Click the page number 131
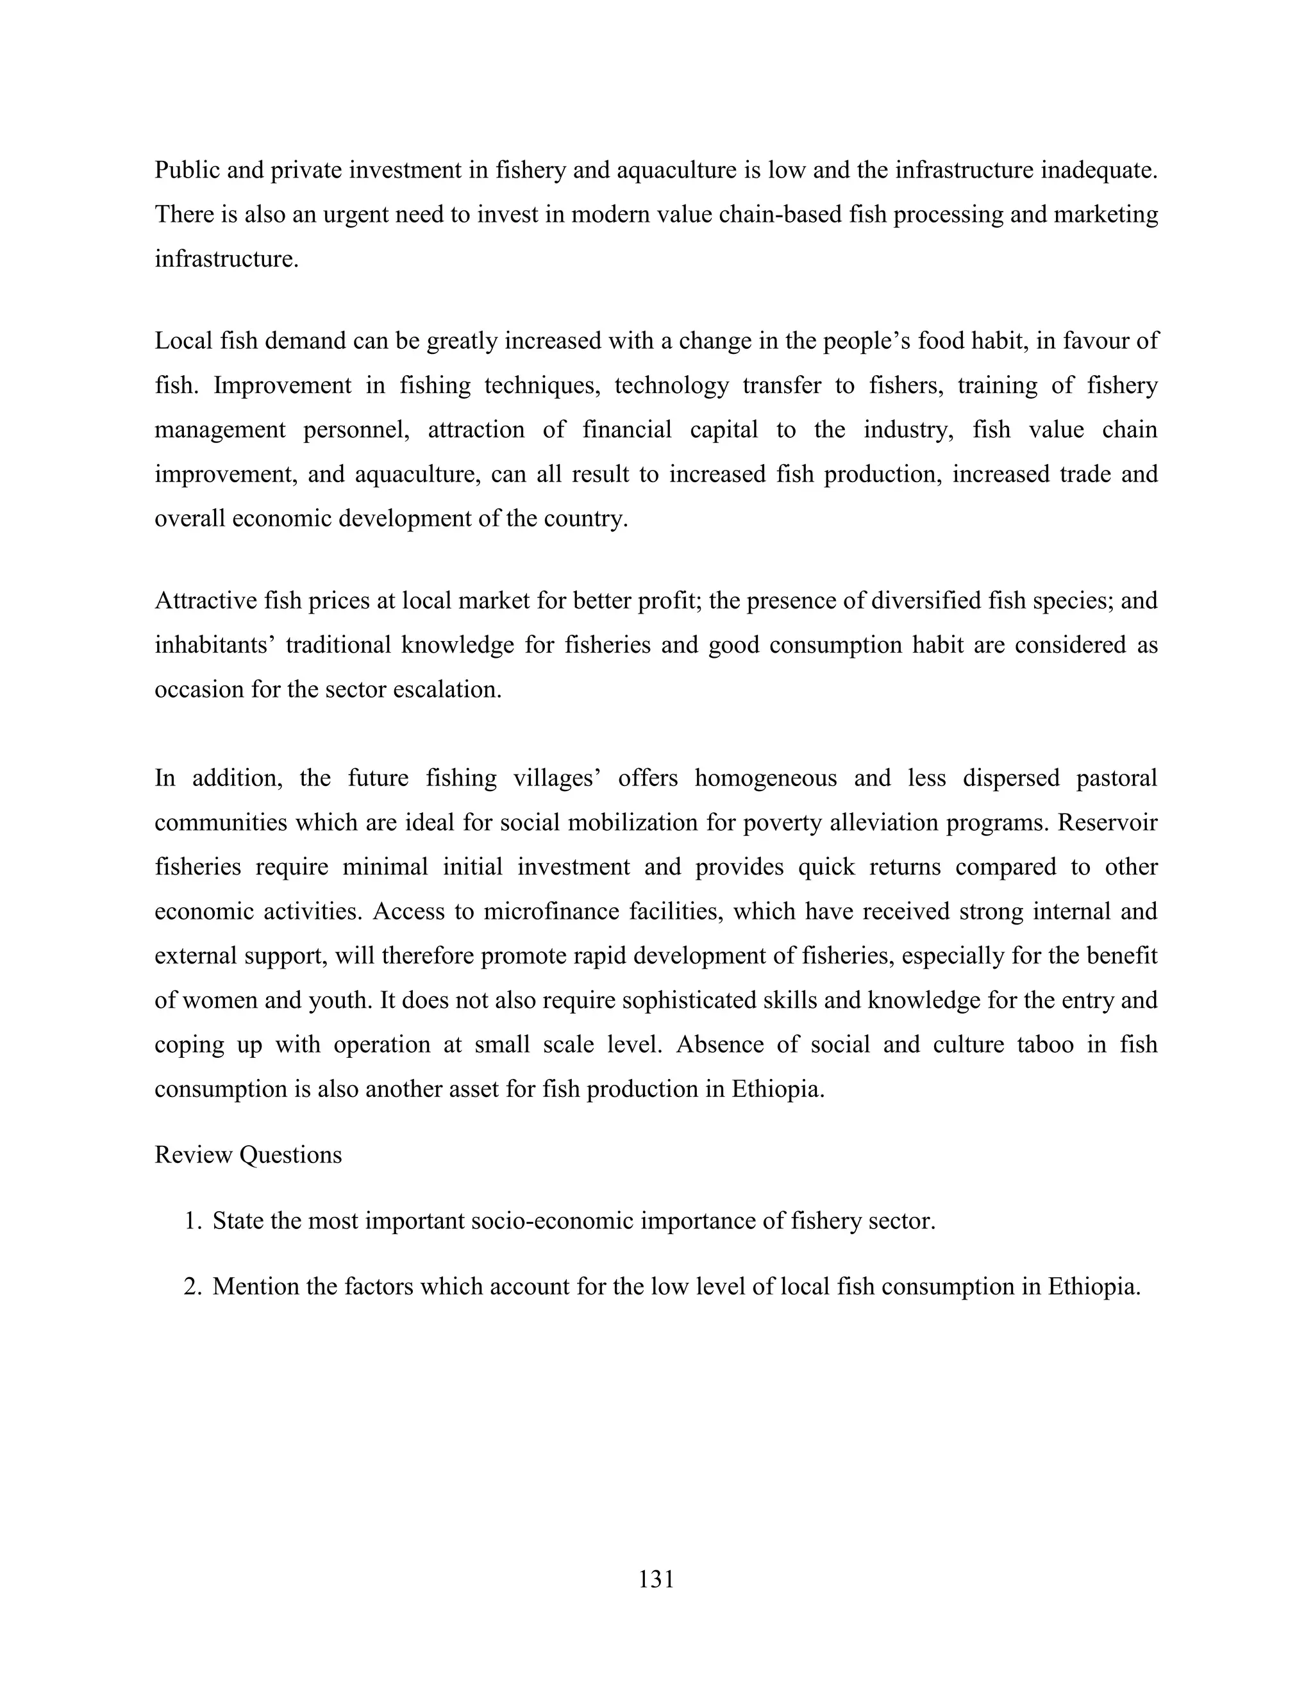pyautogui.click(x=656, y=1579)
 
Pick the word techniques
pyautogui.click(x=542, y=385)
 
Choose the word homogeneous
pyautogui.click(x=765, y=778)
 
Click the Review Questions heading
pyautogui.click(x=248, y=1155)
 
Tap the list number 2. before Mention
pyautogui.click(x=192, y=1287)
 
